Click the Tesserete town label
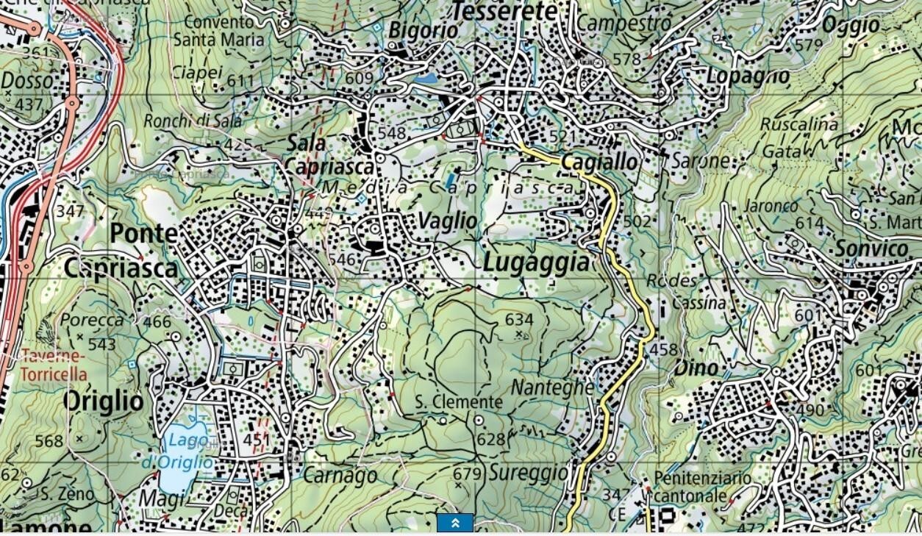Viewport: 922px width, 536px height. click(x=504, y=11)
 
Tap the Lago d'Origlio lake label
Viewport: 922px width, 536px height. click(x=187, y=451)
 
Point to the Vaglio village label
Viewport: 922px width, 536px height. click(x=447, y=220)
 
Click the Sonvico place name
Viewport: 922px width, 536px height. click(x=871, y=249)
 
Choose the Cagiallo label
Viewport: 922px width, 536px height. click(x=599, y=162)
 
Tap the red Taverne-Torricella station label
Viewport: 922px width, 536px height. click(x=53, y=365)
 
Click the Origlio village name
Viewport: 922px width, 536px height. click(x=103, y=401)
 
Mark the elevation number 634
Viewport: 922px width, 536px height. click(x=519, y=320)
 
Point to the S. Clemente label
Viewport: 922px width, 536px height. click(x=459, y=402)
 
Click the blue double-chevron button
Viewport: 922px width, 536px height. click(x=455, y=523)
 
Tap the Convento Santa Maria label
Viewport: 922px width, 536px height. click(x=224, y=31)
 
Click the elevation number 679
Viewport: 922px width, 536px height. click(x=466, y=473)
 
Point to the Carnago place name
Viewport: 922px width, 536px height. click(x=340, y=476)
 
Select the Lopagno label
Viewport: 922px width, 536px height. click(x=748, y=76)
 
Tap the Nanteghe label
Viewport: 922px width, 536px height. click(x=552, y=387)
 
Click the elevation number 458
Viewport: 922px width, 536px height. click(x=663, y=350)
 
